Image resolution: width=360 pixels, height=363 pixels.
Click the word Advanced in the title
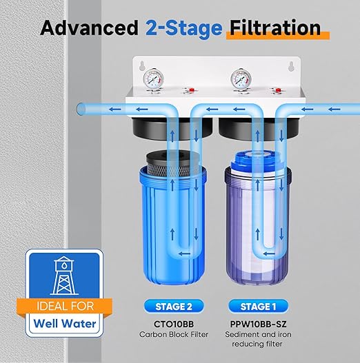pyautogui.click(x=89, y=28)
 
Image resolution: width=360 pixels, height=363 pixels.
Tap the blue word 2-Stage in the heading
pyautogui.click(x=183, y=28)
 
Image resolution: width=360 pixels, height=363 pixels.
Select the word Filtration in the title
pyautogui.click(x=274, y=28)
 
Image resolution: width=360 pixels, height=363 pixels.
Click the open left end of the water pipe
pyautogui.click(x=81, y=108)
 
